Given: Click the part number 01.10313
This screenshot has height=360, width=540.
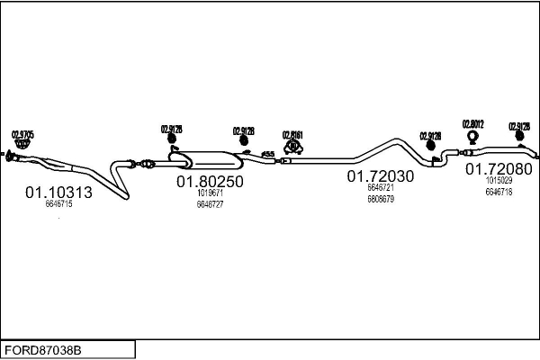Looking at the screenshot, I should (58, 193).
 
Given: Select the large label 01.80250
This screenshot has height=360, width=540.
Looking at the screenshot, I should (210, 182).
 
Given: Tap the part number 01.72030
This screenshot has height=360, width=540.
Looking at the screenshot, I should (381, 176).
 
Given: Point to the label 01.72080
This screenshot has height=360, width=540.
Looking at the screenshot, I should (498, 168).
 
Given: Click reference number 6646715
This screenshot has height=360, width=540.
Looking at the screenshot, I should (58, 205).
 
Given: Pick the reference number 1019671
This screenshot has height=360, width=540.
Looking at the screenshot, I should (210, 193).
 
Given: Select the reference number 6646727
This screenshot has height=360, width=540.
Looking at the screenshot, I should (210, 204).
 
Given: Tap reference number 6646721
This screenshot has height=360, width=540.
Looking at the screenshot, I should (381, 187).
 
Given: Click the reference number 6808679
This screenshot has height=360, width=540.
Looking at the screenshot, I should (381, 198).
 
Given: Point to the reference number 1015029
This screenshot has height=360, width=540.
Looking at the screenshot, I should (498, 181).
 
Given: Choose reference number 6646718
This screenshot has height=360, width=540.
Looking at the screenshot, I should (498, 192).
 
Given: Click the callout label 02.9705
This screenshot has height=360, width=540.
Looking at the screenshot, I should (22, 135).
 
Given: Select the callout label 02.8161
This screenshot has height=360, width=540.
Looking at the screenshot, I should (292, 135).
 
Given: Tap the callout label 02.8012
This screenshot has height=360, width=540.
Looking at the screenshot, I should (473, 124).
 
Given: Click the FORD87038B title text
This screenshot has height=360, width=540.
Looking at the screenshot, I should (43, 349).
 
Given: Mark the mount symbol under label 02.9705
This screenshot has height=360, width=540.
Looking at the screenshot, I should (23, 145).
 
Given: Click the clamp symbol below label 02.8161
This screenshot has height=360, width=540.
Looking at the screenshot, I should (292, 146).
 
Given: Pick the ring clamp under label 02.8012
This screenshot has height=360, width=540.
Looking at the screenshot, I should (473, 138).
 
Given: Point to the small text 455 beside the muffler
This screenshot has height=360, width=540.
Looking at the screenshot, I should (267, 156).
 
